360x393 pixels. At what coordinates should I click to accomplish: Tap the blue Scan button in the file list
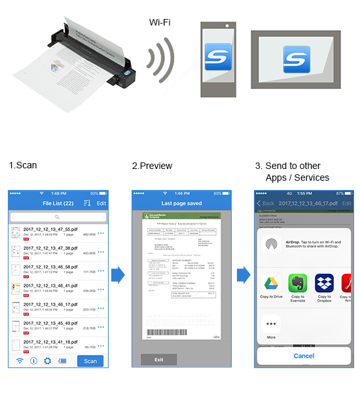90,361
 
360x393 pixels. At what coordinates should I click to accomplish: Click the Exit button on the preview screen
158,360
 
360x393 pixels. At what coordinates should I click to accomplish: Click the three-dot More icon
270,325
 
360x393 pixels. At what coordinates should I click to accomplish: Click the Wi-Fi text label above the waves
160,22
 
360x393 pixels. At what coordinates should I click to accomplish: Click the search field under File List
58,216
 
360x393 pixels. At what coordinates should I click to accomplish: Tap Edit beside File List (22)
101,204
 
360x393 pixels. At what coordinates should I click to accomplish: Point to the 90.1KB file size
88,347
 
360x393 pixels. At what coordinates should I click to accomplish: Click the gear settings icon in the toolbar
47,361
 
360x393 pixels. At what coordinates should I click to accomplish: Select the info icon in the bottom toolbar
33,361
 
